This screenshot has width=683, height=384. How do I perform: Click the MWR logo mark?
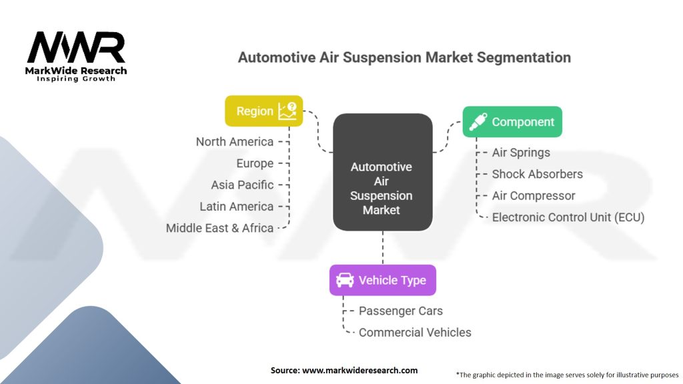[x=76, y=47]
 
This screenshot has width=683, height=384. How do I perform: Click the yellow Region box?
[x=264, y=111]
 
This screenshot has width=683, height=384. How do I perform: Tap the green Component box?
[x=512, y=122]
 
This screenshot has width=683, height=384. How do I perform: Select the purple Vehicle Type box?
[x=382, y=281]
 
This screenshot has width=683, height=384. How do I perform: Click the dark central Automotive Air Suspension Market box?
[x=383, y=172]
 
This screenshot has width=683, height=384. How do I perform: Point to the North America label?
[x=235, y=142]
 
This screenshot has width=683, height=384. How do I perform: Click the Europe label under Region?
[x=255, y=163]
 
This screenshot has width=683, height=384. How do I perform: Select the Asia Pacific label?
[x=242, y=185]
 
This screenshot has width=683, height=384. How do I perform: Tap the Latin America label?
[x=237, y=207]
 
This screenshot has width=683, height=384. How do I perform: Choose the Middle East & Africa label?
[x=219, y=228]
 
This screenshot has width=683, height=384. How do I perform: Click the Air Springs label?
[x=521, y=153]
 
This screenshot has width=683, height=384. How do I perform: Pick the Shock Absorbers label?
[x=538, y=174]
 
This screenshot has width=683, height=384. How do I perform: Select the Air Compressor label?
[x=534, y=196]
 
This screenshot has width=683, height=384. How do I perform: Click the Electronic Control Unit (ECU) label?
[x=568, y=217]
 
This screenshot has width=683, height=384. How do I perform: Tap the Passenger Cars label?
[x=401, y=311]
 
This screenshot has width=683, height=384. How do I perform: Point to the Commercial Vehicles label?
[x=415, y=333]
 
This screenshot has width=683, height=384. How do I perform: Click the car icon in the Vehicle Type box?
[x=345, y=280]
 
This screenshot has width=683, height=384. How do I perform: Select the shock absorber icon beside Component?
[x=478, y=122]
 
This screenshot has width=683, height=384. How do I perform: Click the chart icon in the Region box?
[x=287, y=111]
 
